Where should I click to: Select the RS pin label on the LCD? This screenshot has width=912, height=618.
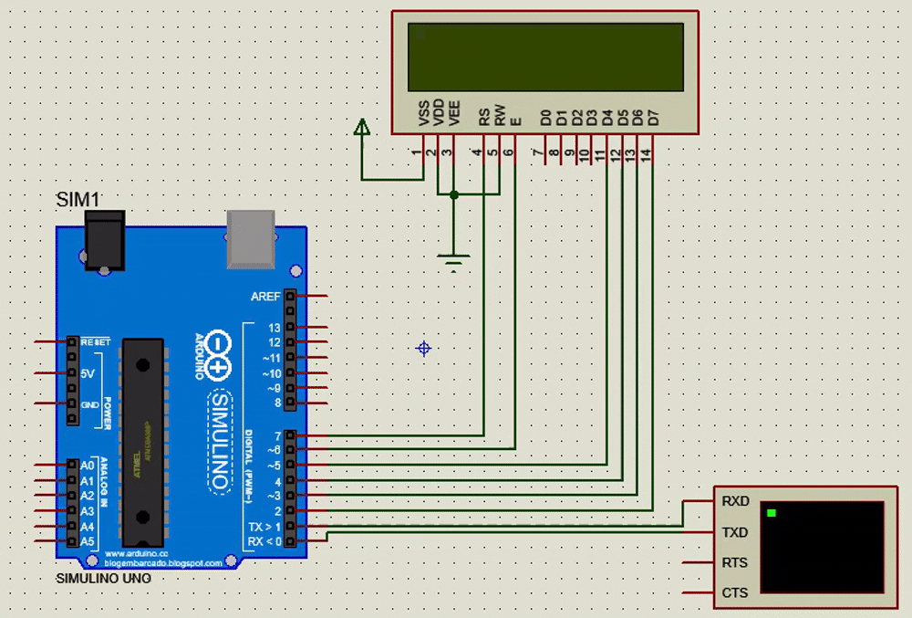click(x=484, y=117)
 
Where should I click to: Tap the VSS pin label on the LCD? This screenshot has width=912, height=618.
click(x=423, y=113)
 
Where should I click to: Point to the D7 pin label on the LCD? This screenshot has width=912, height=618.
click(x=652, y=117)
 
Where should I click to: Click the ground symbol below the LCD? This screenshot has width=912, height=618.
click(x=454, y=263)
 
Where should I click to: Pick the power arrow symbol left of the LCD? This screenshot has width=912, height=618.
click(x=362, y=129)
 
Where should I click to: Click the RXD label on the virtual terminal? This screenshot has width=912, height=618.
click(x=735, y=501)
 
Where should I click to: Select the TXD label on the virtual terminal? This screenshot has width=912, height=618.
click(x=735, y=532)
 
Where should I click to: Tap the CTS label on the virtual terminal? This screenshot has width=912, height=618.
click(x=735, y=592)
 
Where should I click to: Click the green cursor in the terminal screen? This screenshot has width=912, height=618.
click(x=772, y=513)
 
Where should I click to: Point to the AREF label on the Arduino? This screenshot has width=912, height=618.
click(x=266, y=297)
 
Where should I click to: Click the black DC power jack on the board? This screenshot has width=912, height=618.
click(x=103, y=239)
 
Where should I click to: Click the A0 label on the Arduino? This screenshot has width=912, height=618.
click(x=88, y=466)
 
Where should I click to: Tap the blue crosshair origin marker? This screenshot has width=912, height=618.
click(x=423, y=348)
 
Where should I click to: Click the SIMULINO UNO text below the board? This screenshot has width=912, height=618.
click(x=104, y=579)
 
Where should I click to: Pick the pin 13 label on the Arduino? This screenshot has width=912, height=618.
click(x=275, y=328)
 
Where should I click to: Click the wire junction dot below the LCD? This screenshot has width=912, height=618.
click(x=454, y=194)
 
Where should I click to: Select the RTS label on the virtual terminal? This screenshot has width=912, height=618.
click(x=735, y=562)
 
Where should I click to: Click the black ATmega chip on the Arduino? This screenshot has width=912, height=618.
click(x=143, y=438)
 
